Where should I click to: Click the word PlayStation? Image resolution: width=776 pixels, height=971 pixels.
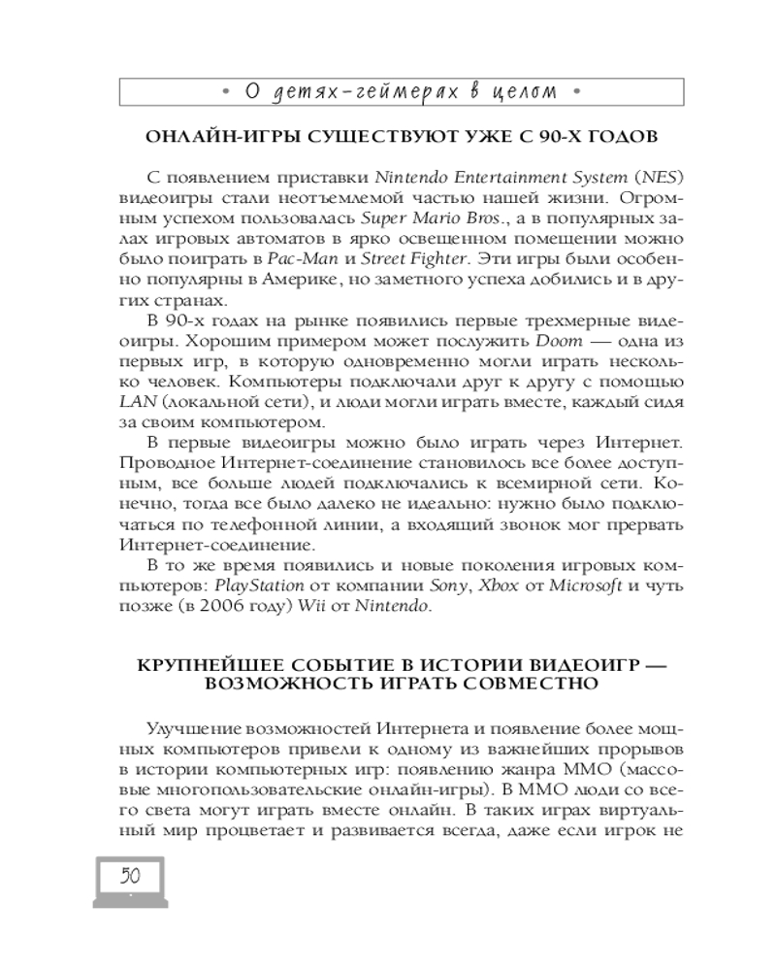point(258,586)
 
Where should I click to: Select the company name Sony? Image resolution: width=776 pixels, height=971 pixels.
point(448,586)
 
